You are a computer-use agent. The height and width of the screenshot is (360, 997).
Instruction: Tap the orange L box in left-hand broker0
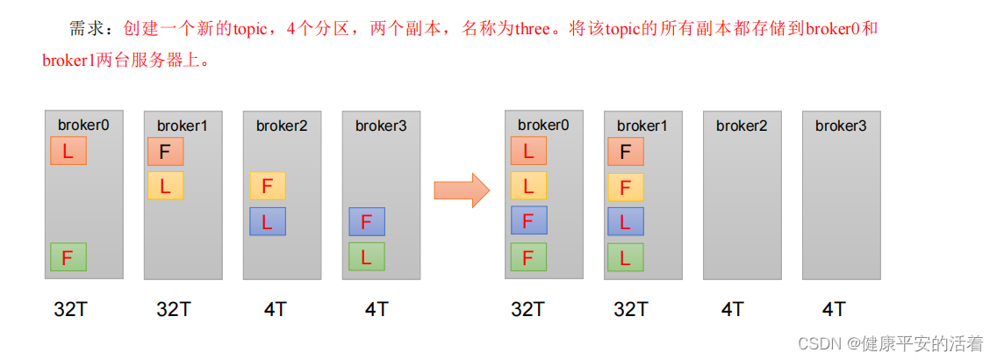click(x=68, y=152)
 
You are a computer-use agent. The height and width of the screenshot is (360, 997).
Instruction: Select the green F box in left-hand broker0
click(x=68, y=256)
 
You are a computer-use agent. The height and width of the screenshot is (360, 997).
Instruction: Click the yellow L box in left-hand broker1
click(x=165, y=185)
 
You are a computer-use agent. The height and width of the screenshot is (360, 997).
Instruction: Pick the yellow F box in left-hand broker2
click(x=267, y=186)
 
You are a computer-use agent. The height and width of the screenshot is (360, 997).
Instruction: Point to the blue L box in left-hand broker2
click(x=267, y=221)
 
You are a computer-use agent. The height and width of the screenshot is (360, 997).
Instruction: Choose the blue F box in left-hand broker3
click(x=366, y=222)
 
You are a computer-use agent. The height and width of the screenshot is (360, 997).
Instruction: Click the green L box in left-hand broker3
click(x=366, y=256)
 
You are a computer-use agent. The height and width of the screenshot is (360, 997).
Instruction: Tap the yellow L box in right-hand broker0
click(x=528, y=186)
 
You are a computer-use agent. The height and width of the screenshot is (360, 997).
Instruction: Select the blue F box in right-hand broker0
click(x=528, y=220)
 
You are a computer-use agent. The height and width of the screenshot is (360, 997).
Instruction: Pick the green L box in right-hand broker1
click(x=625, y=257)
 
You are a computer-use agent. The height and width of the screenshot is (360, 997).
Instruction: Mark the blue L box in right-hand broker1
click(x=625, y=221)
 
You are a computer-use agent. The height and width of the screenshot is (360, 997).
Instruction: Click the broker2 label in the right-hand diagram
click(x=742, y=126)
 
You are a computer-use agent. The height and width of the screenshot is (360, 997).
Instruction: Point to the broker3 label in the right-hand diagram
click(x=841, y=126)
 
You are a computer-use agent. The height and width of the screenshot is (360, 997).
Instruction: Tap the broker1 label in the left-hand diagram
click(x=183, y=126)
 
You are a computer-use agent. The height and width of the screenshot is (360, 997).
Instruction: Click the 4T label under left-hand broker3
click(x=377, y=309)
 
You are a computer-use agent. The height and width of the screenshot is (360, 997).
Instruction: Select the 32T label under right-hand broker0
click(x=528, y=309)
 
